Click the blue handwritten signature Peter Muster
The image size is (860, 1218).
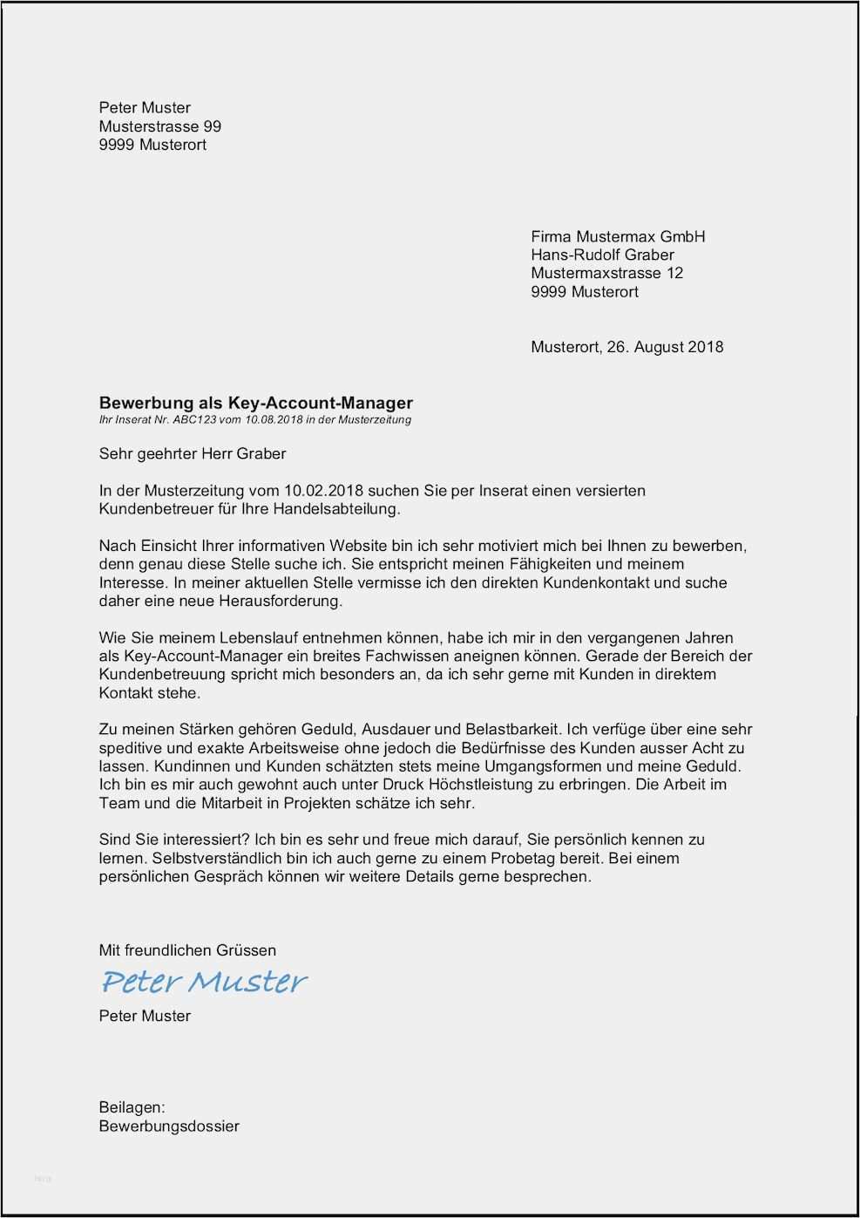pos(204,982)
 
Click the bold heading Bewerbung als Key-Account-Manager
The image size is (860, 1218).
pos(255,403)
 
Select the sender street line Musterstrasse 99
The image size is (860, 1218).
pos(160,126)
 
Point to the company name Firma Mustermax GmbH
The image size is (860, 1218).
pos(618,236)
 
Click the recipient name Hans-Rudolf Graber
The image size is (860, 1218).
pos(602,255)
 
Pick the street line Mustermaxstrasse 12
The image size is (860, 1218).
pos(606,273)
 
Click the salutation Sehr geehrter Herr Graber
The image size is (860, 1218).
pos(193,453)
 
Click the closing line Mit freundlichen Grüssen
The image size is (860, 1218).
pos(187,950)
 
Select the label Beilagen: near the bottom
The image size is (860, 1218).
pos(132,1107)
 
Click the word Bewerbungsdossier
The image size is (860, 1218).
pos(169,1126)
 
